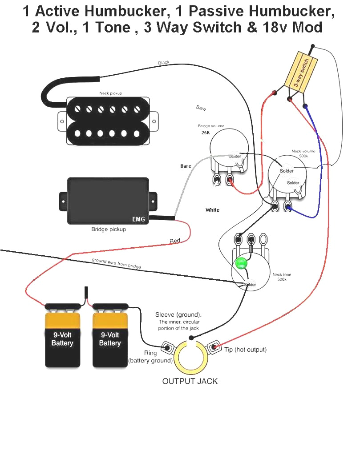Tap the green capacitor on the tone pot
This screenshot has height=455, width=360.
(x=241, y=263)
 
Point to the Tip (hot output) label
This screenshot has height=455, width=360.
(x=245, y=350)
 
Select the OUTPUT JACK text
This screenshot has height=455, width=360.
(x=190, y=381)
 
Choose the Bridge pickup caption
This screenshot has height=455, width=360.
(x=109, y=230)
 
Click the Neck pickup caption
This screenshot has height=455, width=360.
(x=110, y=93)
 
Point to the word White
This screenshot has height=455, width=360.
(x=212, y=210)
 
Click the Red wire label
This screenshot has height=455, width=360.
(x=175, y=241)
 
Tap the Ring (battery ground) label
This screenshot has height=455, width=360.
(x=150, y=356)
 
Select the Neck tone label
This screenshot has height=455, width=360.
(x=283, y=275)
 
